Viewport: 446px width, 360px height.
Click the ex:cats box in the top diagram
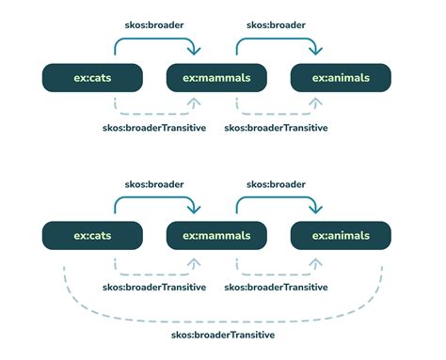92,77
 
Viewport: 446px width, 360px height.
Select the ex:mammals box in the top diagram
215,77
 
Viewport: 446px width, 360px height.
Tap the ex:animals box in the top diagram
340,77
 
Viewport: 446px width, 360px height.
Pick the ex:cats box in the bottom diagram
92,235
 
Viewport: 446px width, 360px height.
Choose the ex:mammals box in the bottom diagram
215,235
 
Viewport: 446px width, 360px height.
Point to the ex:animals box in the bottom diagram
340,235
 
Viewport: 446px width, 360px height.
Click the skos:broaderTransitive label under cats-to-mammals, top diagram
154,128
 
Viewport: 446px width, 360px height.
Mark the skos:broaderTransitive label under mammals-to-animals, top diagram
276,128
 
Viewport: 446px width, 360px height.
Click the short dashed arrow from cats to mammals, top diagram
154,113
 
